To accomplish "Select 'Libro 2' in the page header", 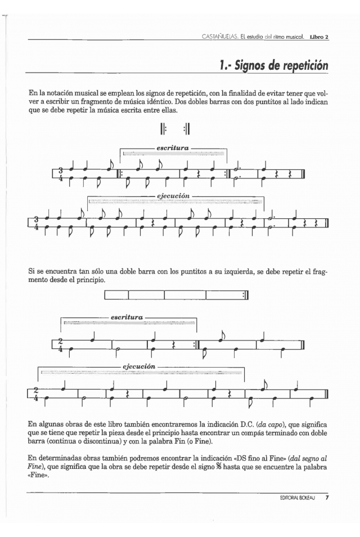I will pyautogui.click(x=318, y=38).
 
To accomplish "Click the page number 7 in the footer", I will pyautogui.click(x=327, y=498).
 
